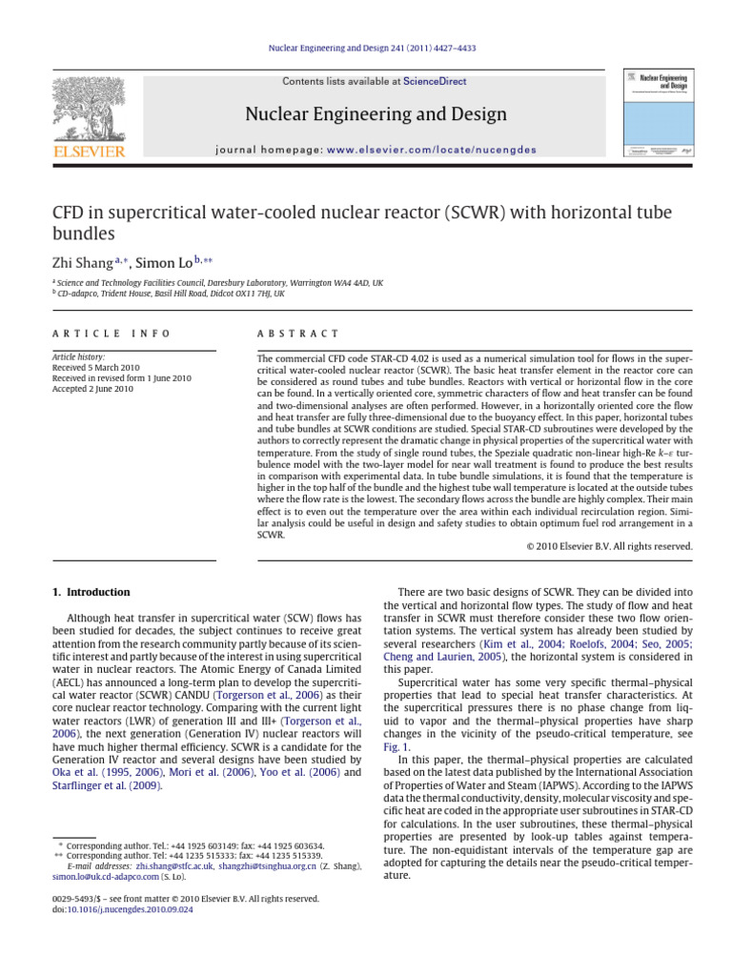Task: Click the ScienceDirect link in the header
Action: pos(435,82)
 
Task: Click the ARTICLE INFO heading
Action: pos(112,334)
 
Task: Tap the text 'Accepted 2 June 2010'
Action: pos(93,389)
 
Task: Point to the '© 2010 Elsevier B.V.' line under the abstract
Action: pos(609,546)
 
